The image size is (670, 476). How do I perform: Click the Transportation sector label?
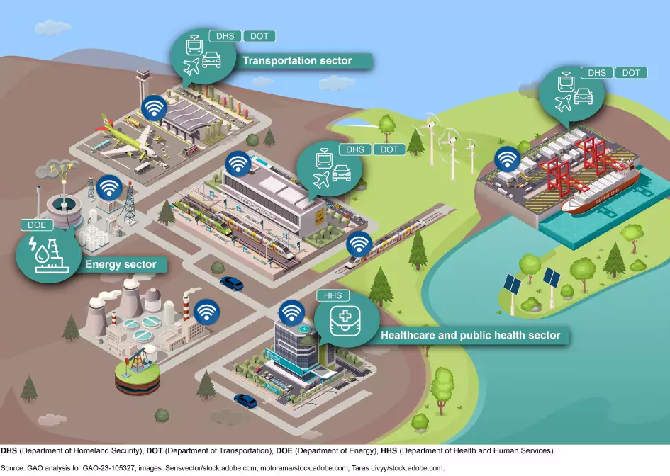(x=297, y=61)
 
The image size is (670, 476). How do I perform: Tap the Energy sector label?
(x=121, y=266)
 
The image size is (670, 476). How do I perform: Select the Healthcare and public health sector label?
(x=470, y=335)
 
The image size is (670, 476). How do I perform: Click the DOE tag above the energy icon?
(x=36, y=225)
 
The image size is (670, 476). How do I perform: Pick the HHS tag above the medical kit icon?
(x=333, y=295)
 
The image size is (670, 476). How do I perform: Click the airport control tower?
(x=144, y=85)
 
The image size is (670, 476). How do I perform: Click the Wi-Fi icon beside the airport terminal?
(x=155, y=108)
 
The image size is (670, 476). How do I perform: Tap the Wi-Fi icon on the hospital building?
(x=291, y=312)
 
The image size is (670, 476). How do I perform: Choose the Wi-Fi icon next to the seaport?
(x=506, y=160)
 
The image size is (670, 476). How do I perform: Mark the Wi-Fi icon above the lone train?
(x=359, y=244)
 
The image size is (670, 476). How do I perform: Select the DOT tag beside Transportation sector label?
(x=259, y=36)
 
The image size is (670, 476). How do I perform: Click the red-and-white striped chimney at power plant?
(x=186, y=310)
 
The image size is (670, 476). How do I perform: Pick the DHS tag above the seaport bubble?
(x=597, y=73)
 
